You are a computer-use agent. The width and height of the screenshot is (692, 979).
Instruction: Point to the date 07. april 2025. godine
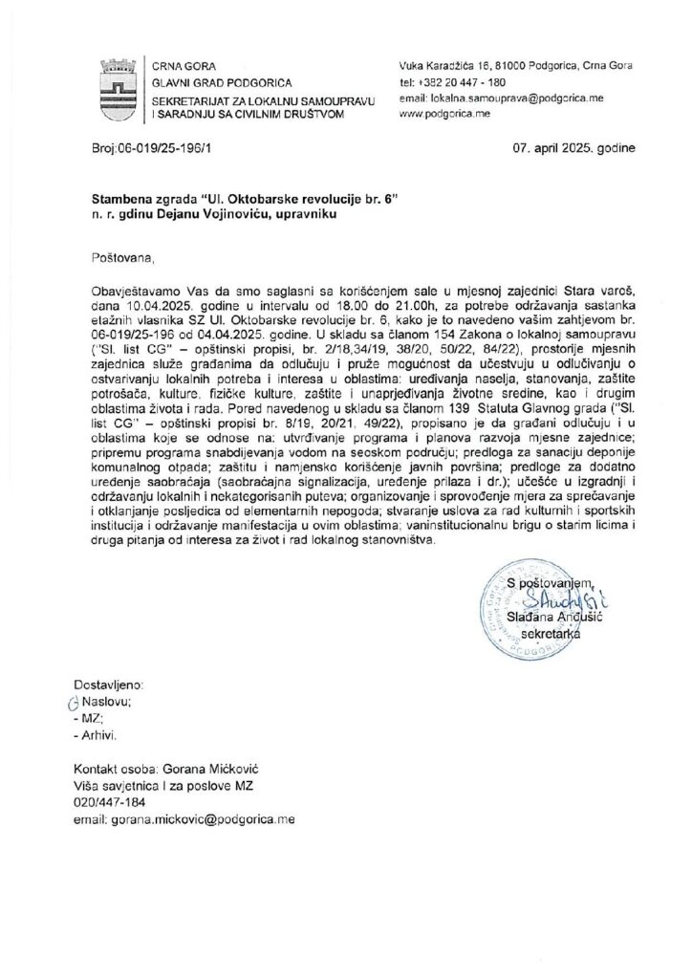click(x=566, y=148)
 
